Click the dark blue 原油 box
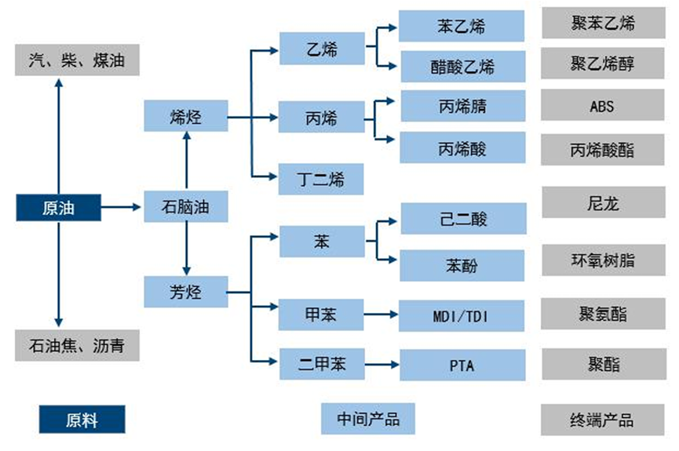coord(59,207)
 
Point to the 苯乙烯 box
coord(462,26)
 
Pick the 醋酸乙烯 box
coord(462,66)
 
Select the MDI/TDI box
coord(462,316)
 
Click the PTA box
coord(462,365)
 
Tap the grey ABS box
coord(602,107)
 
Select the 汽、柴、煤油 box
coord(78,60)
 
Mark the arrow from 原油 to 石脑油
coord(122,207)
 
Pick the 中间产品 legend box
coord(367,419)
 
